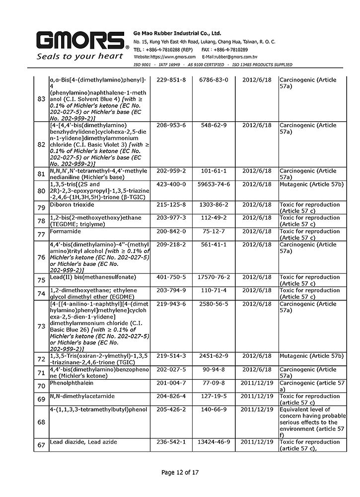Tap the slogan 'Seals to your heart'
80,56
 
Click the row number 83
41,99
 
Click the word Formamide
66,231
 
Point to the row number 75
41,280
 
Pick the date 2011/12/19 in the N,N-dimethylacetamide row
257,396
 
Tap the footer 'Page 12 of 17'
180,472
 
